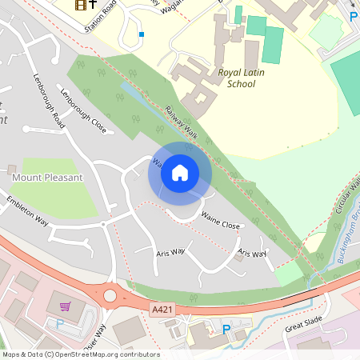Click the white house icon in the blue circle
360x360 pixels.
[180, 173]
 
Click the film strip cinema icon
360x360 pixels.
[80, 6]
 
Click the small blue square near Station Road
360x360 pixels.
[142, 34]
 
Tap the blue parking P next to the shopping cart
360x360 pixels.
[59, 323]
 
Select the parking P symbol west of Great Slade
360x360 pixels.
[226, 329]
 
